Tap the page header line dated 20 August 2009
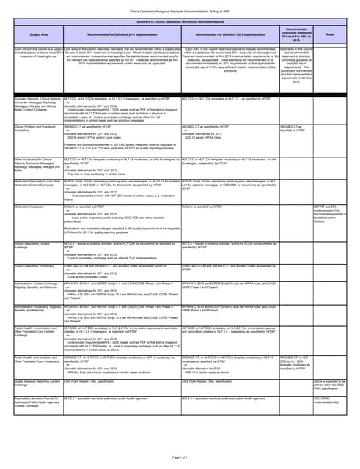click(x=180, y=12)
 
